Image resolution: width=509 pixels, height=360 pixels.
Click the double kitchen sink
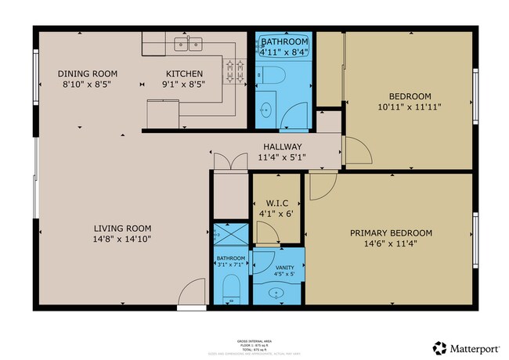pos(189,45)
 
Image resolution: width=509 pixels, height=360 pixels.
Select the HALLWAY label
pos(282,146)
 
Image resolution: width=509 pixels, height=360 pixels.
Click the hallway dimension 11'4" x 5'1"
pos(282,157)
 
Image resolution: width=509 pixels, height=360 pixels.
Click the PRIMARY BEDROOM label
pos(391,232)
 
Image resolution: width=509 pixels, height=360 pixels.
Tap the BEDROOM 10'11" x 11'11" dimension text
pos(410,106)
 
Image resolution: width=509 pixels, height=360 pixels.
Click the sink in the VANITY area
pos(274,293)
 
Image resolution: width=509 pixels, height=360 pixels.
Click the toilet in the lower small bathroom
pos(230,292)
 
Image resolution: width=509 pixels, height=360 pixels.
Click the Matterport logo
pos(466,347)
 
